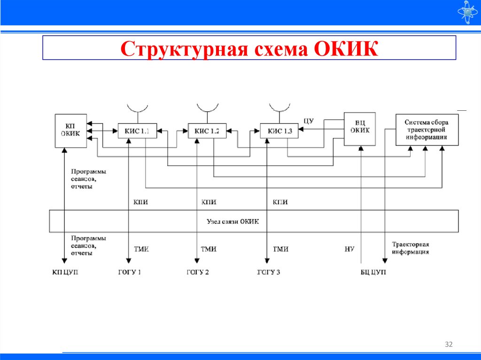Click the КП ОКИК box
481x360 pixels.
coord(70,130)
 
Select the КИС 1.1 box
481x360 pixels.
coord(137,131)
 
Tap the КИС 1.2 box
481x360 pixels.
coord(207,131)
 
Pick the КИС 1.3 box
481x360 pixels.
coord(279,131)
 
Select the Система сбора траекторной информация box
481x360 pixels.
coord(427,130)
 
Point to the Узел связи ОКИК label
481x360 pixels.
coord(233,221)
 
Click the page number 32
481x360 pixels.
coord(449,345)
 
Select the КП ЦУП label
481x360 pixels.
coord(65,272)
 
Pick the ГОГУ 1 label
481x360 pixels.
coord(130,272)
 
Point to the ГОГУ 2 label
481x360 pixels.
coord(198,272)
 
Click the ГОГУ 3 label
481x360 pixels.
coord(269,272)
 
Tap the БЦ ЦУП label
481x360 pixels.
coord(370,272)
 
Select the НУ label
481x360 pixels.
coord(349,249)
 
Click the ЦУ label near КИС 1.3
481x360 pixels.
coord(309,121)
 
